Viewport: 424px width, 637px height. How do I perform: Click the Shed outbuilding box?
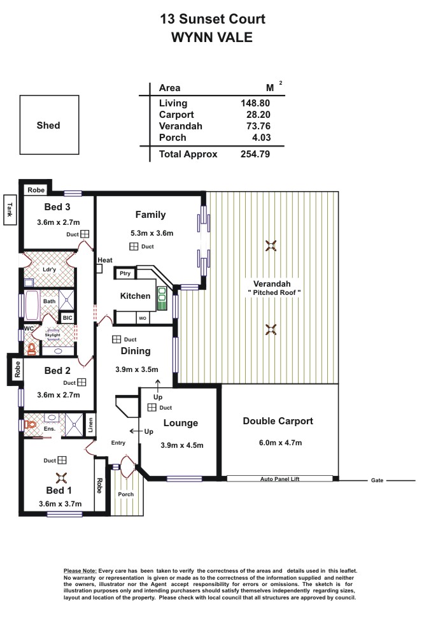[49, 125]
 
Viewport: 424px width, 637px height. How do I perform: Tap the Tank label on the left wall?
[10, 210]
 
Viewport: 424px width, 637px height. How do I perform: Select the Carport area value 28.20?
[258, 115]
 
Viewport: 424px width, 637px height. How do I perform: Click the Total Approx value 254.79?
[255, 154]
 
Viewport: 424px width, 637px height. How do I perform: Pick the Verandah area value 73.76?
[258, 126]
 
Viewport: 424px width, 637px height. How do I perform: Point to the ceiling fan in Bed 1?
[61, 478]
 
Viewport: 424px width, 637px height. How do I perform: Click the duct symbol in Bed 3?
[85, 234]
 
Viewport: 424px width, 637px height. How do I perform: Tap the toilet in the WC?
[31, 348]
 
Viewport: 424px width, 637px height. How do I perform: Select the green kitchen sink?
[162, 298]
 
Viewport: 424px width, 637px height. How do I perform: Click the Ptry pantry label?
[125, 273]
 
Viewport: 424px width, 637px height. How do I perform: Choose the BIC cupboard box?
[67, 318]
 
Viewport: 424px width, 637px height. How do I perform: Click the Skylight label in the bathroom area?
[53, 335]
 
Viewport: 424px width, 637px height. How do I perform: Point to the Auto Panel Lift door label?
[280, 479]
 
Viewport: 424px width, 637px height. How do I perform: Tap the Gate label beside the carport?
[377, 480]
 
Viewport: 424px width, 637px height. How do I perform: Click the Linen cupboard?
[90, 426]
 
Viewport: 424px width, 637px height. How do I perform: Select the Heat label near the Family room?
[105, 260]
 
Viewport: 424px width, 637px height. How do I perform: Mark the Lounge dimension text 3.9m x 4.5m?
[182, 445]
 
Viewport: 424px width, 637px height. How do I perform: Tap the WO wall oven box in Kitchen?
[142, 318]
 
